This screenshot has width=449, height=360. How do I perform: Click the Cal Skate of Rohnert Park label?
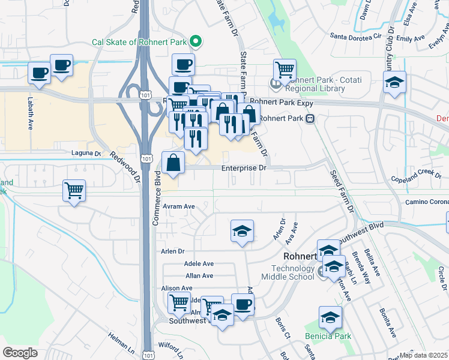pos(139,43)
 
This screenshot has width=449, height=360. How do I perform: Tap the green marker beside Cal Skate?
pos(195,42)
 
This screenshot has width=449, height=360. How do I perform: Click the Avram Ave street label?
pos(179,206)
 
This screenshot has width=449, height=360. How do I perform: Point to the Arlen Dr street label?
pos(172,251)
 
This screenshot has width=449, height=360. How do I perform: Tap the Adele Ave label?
pos(199,263)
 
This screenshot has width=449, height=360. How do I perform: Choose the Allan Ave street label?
pos(199,275)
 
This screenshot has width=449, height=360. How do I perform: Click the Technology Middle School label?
pos(288,272)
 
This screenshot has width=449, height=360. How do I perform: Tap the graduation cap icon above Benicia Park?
pos(330,318)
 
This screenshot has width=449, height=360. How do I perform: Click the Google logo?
pos(20,352)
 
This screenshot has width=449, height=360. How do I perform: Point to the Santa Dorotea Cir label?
pos(357,35)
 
